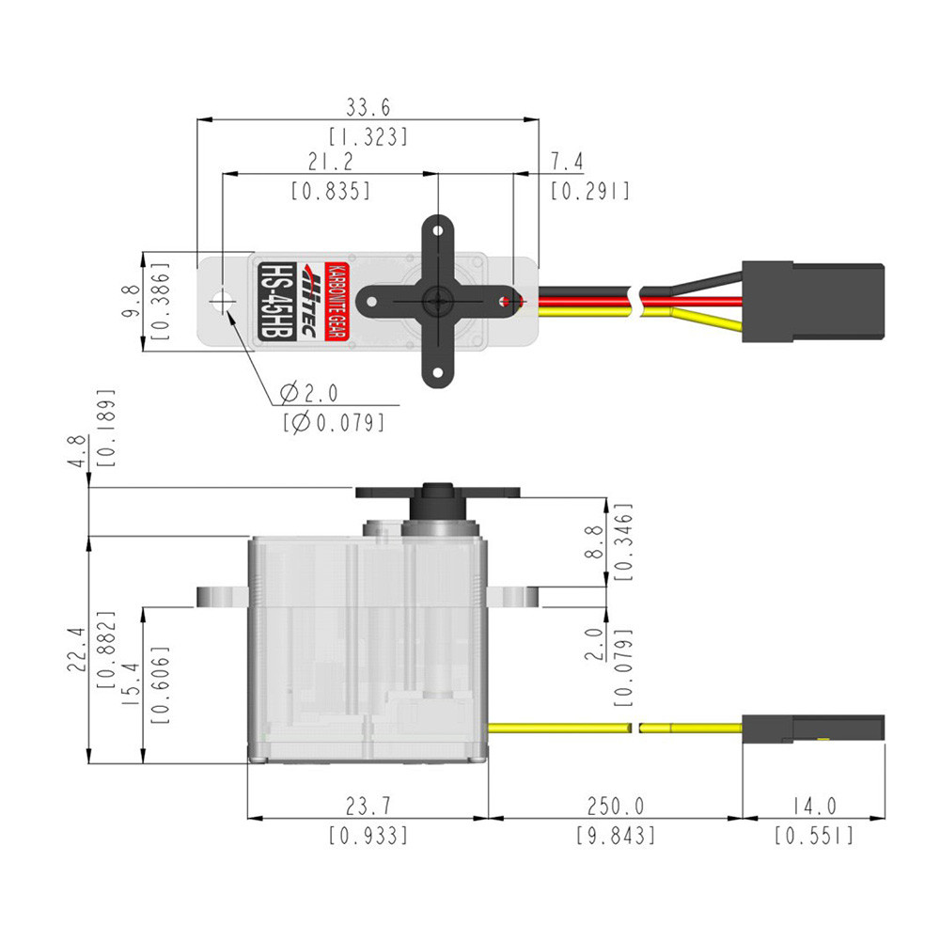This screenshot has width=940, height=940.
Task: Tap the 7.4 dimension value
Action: click(567, 163)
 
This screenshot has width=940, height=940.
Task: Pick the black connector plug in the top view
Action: click(812, 302)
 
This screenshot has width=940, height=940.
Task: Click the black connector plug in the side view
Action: click(812, 728)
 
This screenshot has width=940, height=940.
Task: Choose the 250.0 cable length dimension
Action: click(615, 807)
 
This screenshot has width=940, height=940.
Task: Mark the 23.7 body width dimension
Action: click(368, 807)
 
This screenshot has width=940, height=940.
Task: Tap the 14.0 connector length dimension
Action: click(813, 807)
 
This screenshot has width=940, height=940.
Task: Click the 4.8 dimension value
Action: click(78, 451)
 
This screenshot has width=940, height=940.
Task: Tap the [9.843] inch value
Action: click(615, 835)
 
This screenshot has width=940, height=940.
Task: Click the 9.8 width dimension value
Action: click(131, 303)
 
